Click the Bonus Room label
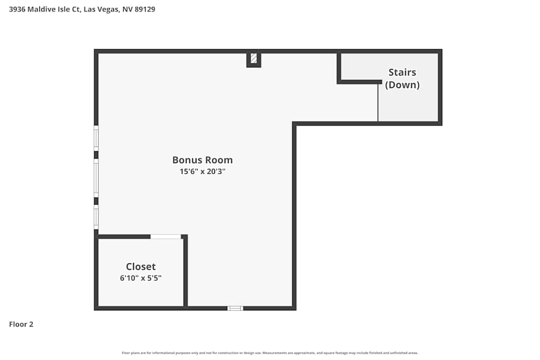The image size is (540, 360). click(202, 160)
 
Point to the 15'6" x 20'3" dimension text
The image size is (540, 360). click(202, 172)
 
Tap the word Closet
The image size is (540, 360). click(140, 267)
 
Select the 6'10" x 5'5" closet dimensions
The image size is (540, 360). click(140, 278)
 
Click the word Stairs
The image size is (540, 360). click(402, 72)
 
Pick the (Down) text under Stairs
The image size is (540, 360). click(402, 85)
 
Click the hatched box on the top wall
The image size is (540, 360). click(254, 58)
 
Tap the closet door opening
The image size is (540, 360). click(165, 236)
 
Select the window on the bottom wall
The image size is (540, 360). click(235, 308)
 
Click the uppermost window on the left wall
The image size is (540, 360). click(96, 138)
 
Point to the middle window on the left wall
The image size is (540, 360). click(96, 178)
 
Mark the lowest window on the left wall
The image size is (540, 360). click(96, 217)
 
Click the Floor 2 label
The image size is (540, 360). click(21, 324)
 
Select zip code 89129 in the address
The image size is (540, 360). click(144, 9)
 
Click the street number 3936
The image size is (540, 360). click(17, 9)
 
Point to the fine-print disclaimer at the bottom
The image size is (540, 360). click(270, 353)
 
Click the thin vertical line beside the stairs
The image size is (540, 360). click(378, 103)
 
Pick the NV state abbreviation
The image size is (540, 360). click(127, 9)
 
